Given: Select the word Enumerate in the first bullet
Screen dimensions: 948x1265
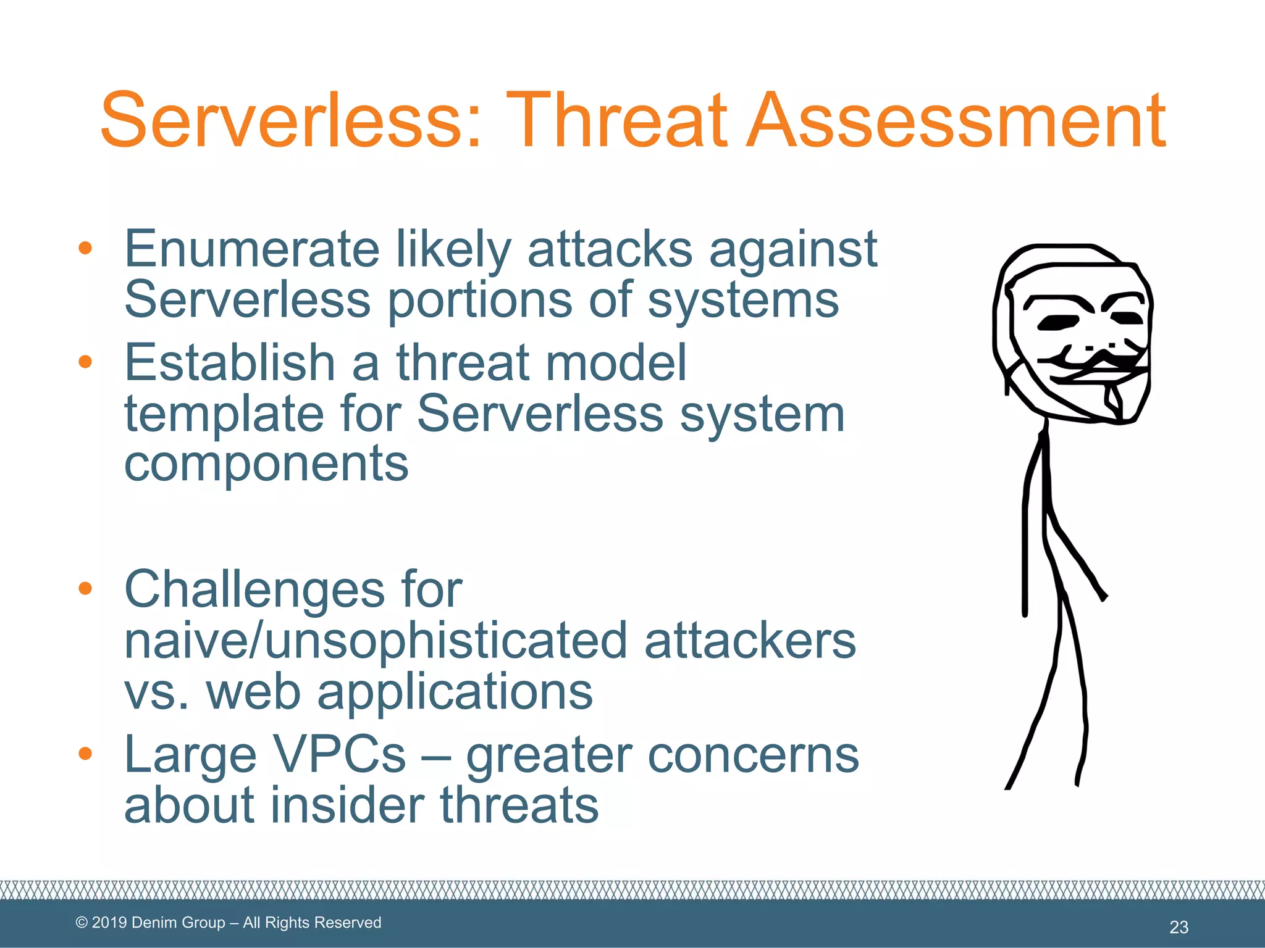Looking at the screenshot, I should [x=251, y=249].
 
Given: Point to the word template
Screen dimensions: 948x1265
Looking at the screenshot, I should [x=224, y=414].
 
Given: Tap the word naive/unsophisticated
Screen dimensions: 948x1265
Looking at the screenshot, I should [x=376, y=642].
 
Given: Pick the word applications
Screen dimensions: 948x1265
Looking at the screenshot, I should [x=455, y=692].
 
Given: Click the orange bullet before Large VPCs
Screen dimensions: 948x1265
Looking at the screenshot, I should [x=85, y=754].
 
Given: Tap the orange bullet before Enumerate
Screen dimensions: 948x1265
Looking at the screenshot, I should [x=85, y=249].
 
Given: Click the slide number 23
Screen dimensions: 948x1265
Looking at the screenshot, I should [x=1179, y=926].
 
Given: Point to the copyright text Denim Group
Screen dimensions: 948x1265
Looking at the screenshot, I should [x=179, y=922].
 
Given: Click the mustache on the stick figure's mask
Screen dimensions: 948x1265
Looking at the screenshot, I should [x=1101, y=359].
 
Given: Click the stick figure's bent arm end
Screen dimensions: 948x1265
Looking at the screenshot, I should [x=1104, y=597].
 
